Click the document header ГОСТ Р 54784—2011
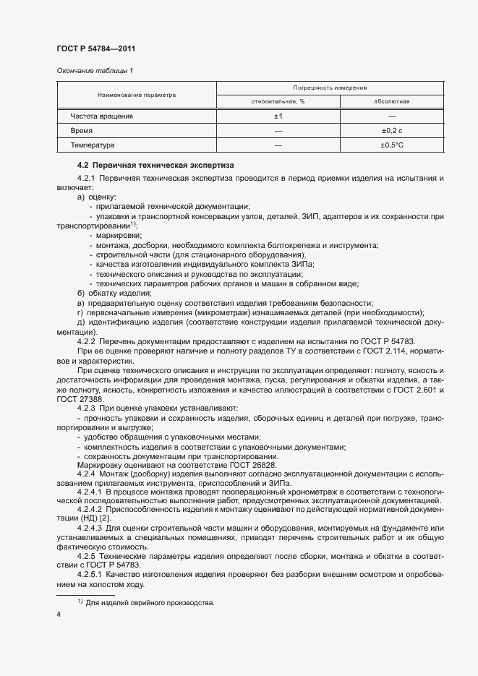[95, 48]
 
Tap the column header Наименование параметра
[137, 95]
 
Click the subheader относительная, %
[278, 101]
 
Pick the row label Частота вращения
[101, 116]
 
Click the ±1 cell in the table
[278, 116]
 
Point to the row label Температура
[93, 145]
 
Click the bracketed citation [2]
[104, 521]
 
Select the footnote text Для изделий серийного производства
[150, 603]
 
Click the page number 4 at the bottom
[59, 615]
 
